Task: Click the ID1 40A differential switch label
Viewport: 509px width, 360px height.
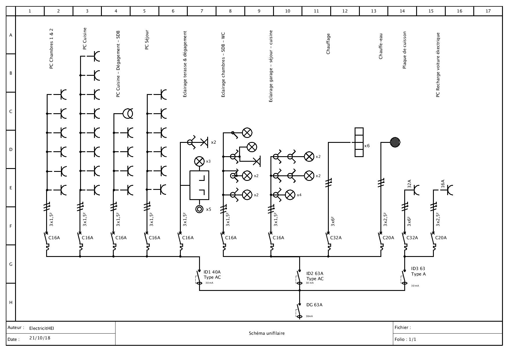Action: (x=212, y=272)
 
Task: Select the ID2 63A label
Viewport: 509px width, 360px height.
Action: (x=315, y=273)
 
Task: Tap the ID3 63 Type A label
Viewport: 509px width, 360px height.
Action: (x=418, y=271)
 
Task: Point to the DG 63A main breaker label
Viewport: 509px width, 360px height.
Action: (x=314, y=305)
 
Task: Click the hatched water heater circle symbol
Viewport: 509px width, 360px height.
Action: (x=395, y=142)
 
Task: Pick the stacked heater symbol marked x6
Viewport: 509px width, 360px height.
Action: (x=359, y=142)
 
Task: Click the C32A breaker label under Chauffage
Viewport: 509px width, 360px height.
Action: (x=336, y=238)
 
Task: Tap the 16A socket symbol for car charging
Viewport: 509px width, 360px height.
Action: (x=450, y=190)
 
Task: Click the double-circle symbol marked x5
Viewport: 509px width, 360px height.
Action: (x=199, y=209)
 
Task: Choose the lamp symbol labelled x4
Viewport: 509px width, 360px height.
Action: (x=290, y=195)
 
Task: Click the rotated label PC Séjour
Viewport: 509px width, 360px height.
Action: (x=147, y=40)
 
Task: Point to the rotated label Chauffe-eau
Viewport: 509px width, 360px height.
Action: (x=381, y=46)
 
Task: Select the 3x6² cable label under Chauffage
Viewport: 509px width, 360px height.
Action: (x=333, y=222)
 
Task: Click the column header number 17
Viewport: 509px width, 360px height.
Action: (x=488, y=11)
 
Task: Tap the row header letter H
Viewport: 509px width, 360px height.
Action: (x=11, y=302)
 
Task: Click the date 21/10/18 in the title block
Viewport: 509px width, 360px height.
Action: (x=40, y=338)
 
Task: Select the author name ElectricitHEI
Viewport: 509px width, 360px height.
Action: (x=41, y=328)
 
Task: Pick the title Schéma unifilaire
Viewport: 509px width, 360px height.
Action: (x=266, y=333)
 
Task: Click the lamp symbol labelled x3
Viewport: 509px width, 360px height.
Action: (x=199, y=161)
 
